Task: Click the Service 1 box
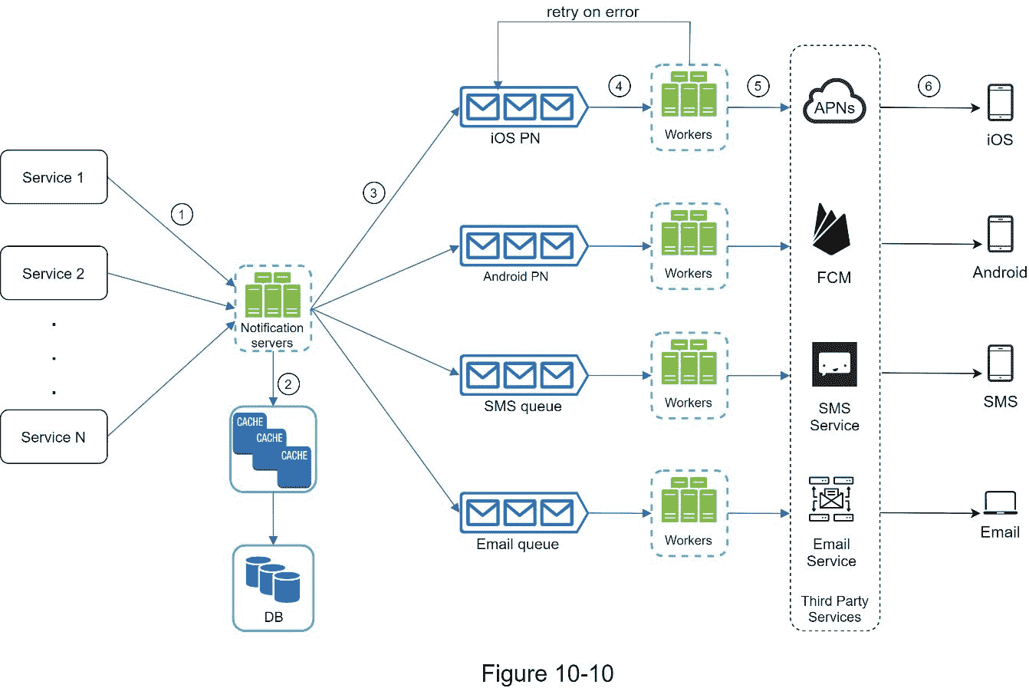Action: click(54, 177)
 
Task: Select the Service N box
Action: click(54, 437)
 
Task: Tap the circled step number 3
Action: click(373, 193)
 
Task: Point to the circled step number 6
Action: click(929, 86)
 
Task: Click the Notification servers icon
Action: click(272, 299)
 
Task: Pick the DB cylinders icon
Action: click(273, 579)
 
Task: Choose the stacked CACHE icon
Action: click(273, 448)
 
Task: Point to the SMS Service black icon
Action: click(834, 364)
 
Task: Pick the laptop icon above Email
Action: click(1000, 503)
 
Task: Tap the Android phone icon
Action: click(1000, 233)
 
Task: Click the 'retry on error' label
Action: click(593, 12)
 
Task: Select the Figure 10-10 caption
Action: click(547, 673)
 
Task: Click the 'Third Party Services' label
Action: click(834, 609)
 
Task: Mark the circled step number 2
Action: click(288, 384)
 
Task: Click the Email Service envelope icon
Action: click(832, 499)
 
